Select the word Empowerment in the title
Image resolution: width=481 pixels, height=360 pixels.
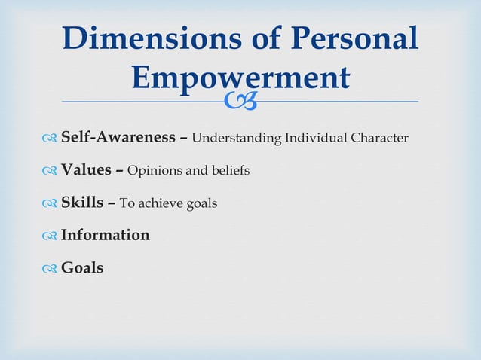pos(240,78)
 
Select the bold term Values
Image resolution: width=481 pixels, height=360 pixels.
pos(85,170)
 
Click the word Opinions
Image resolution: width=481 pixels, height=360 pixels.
pos(155,171)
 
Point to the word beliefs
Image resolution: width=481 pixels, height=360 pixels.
pos(230,171)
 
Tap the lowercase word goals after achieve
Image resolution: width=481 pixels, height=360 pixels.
pos(201,204)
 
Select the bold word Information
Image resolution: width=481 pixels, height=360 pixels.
pos(105,235)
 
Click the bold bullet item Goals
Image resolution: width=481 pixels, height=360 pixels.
pos(82,267)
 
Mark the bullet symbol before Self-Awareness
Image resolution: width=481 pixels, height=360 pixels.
pos(51,139)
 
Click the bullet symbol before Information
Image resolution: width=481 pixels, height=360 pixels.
pos(51,236)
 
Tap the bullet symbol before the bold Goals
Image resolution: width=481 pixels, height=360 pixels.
pos(51,269)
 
